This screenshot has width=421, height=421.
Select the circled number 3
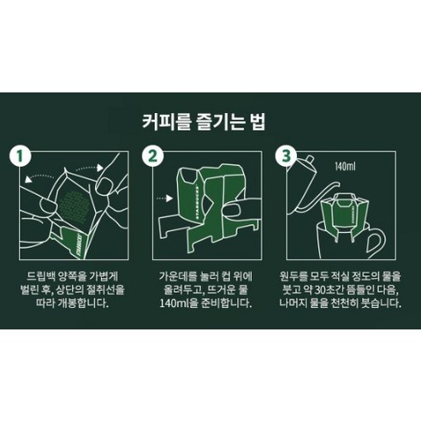[285, 156]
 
